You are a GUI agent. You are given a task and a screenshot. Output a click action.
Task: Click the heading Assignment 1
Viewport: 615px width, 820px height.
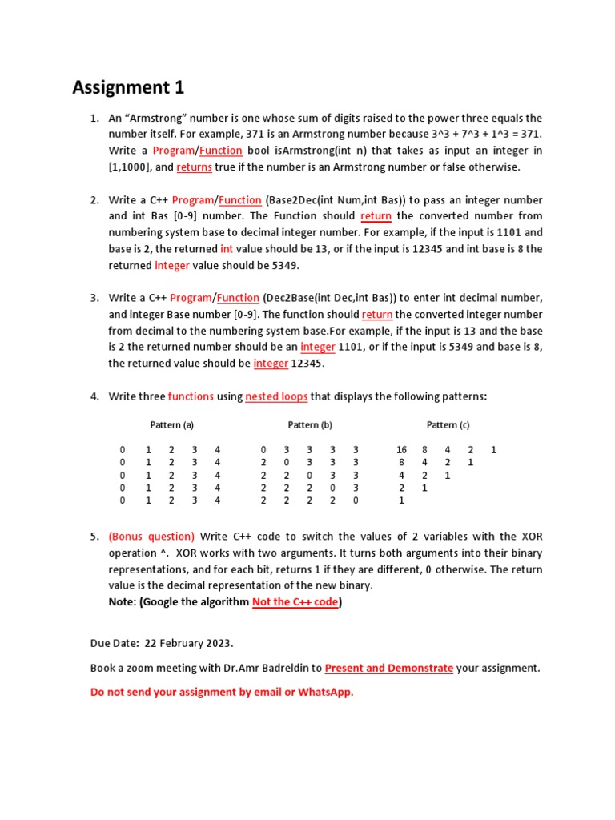pyautogui.click(x=128, y=87)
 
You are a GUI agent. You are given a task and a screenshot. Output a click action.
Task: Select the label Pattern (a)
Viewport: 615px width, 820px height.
pyautogui.click(x=172, y=424)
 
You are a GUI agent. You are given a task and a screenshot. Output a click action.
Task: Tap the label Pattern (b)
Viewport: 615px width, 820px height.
pyautogui.click(x=310, y=424)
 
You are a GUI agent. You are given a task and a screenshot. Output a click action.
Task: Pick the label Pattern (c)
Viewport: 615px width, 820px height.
pyautogui.click(x=448, y=424)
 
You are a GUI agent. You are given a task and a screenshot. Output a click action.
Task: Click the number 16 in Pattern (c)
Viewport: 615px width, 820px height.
pyautogui.click(x=401, y=450)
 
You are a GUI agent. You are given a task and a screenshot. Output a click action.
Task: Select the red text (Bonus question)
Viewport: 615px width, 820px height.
pyautogui.click(x=151, y=537)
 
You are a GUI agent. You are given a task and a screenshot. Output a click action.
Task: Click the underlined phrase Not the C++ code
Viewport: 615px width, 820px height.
pyautogui.click(x=295, y=602)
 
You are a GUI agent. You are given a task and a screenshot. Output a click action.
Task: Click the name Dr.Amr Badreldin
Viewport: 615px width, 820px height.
pyautogui.click(x=267, y=668)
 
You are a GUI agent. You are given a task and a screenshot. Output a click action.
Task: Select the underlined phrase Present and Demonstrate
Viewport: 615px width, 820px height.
pyautogui.click(x=389, y=668)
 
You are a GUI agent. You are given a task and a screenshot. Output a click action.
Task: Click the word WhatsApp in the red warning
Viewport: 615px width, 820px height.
pyautogui.click(x=324, y=693)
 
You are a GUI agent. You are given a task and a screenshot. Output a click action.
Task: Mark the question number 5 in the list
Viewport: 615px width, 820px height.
pyautogui.click(x=94, y=537)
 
